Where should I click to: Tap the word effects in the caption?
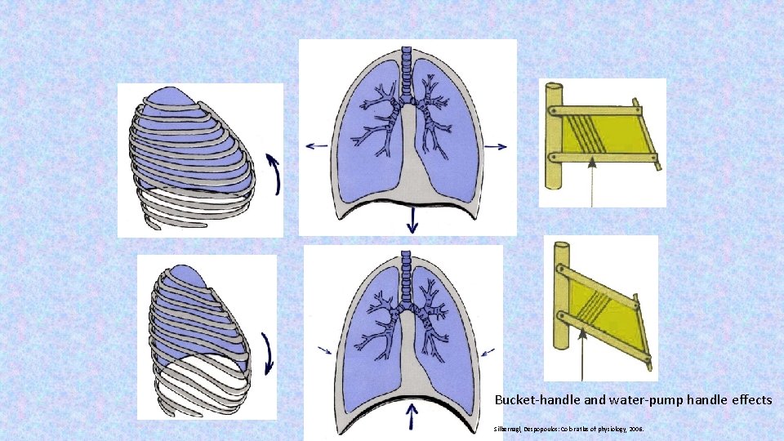click(x=749, y=400)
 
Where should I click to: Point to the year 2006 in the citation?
click(x=635, y=428)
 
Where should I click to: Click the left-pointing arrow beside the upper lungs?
click(x=316, y=146)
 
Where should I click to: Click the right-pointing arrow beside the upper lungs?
click(x=496, y=146)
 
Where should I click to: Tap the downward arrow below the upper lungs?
click(x=412, y=217)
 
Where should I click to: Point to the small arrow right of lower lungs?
click(x=488, y=351)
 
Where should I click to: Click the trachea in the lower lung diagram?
click(x=405, y=277)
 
